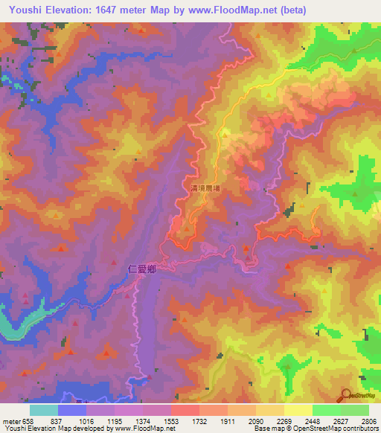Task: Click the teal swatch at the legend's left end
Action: pos(43,410)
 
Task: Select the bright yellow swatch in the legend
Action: pos(298,410)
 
